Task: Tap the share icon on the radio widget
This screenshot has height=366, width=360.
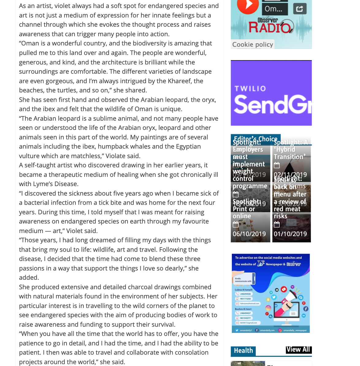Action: click(x=300, y=9)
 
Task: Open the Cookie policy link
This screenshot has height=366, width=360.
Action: click(x=253, y=45)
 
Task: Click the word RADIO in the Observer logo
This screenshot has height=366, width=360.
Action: click(x=270, y=28)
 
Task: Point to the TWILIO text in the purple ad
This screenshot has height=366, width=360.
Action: click(x=250, y=89)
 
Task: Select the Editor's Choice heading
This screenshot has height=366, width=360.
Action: click(x=255, y=139)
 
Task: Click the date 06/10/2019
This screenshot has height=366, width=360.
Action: click(x=249, y=234)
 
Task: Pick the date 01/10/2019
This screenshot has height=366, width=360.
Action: click(x=290, y=234)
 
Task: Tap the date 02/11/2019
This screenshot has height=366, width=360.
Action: click(x=290, y=175)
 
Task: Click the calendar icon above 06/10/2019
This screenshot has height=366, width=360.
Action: click(x=236, y=225)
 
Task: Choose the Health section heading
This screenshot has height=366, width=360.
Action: click(x=243, y=351)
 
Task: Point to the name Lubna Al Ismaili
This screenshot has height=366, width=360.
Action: click(x=244, y=290)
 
